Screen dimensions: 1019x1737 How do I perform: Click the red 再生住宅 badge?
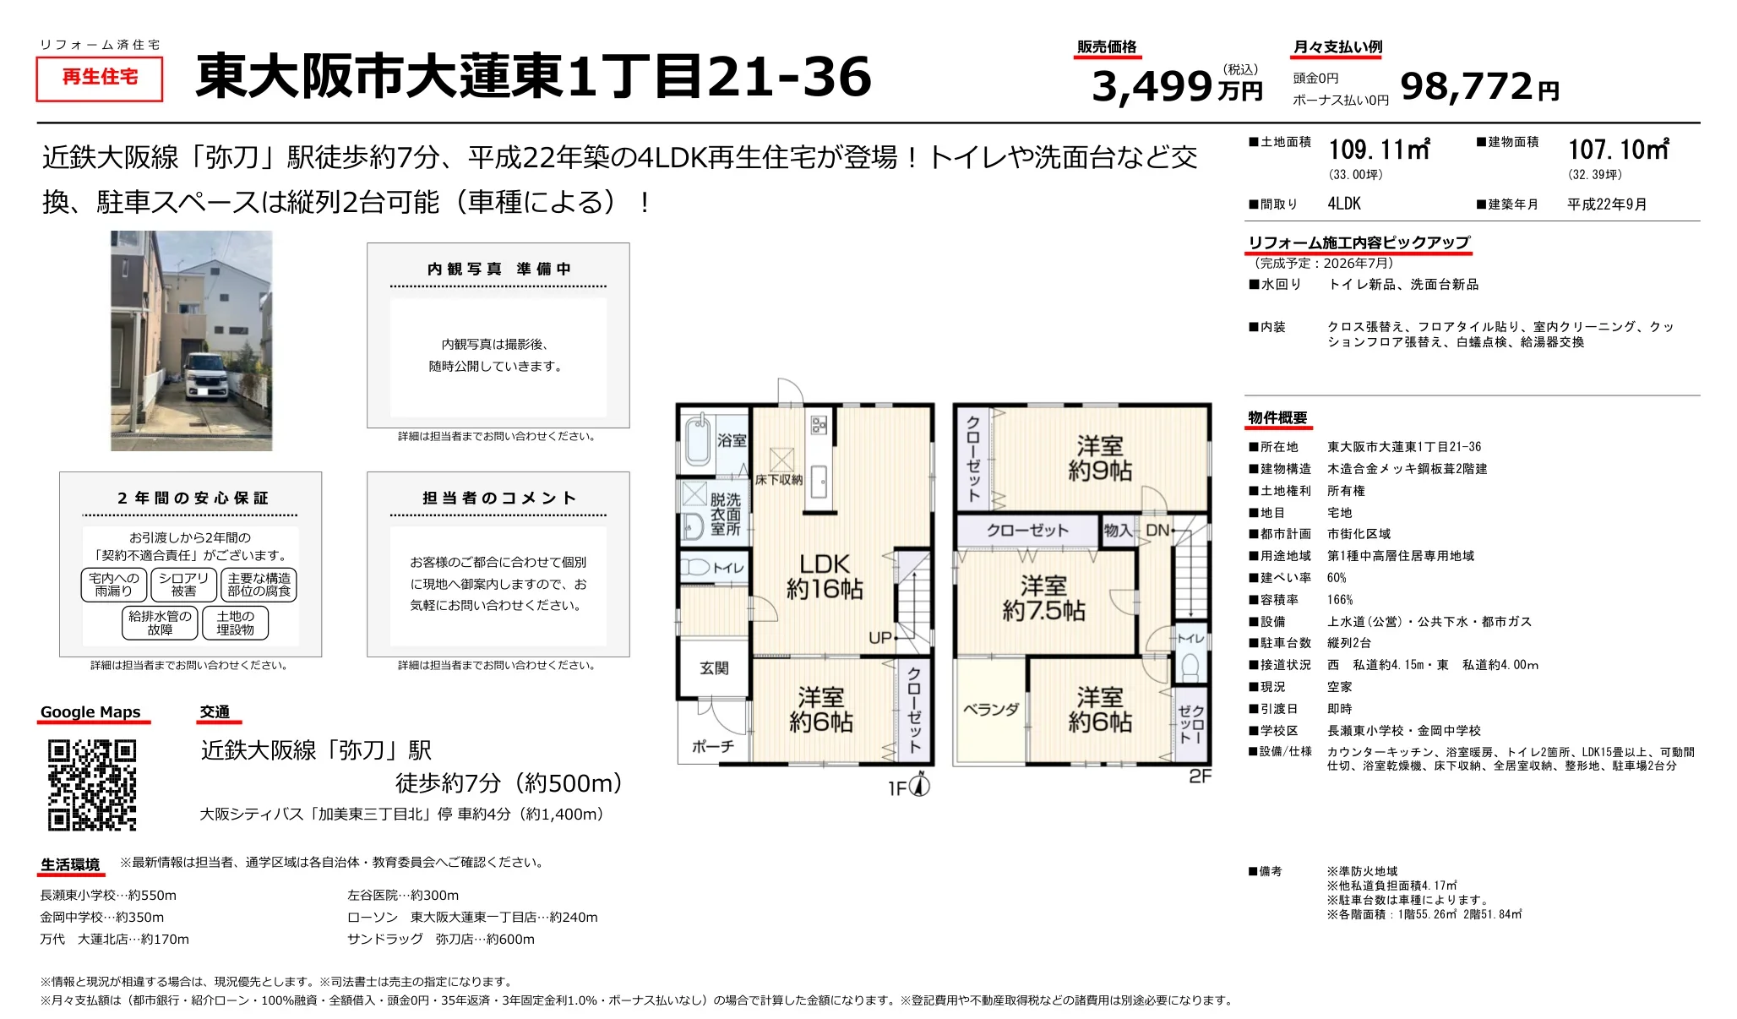pos(100,78)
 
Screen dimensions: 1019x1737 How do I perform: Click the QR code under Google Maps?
pos(92,785)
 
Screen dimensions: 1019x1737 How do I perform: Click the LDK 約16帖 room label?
pos(825,576)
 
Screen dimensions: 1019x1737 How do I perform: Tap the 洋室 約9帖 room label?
pos(1099,458)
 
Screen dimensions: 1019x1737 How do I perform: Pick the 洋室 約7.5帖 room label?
pos(1043,598)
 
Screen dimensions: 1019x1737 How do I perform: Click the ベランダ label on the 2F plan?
pos(991,710)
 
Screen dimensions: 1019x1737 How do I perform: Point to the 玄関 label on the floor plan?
pos(714,668)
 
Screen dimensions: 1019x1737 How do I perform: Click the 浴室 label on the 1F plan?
pos(732,440)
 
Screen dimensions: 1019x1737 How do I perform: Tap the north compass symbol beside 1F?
pos(920,786)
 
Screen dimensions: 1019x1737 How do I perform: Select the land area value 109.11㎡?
pos(1379,150)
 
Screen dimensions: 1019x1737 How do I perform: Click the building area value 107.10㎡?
pos(1618,150)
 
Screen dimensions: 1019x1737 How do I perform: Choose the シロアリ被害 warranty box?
pos(183,585)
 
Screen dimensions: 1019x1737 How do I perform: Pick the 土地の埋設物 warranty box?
pos(235,623)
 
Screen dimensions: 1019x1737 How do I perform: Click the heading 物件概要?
pos(1277,418)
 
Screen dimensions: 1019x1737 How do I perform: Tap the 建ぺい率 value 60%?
pos(1337,578)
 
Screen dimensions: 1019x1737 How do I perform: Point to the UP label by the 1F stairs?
pos(880,638)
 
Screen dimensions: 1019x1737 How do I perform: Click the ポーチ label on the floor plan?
pos(713,747)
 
